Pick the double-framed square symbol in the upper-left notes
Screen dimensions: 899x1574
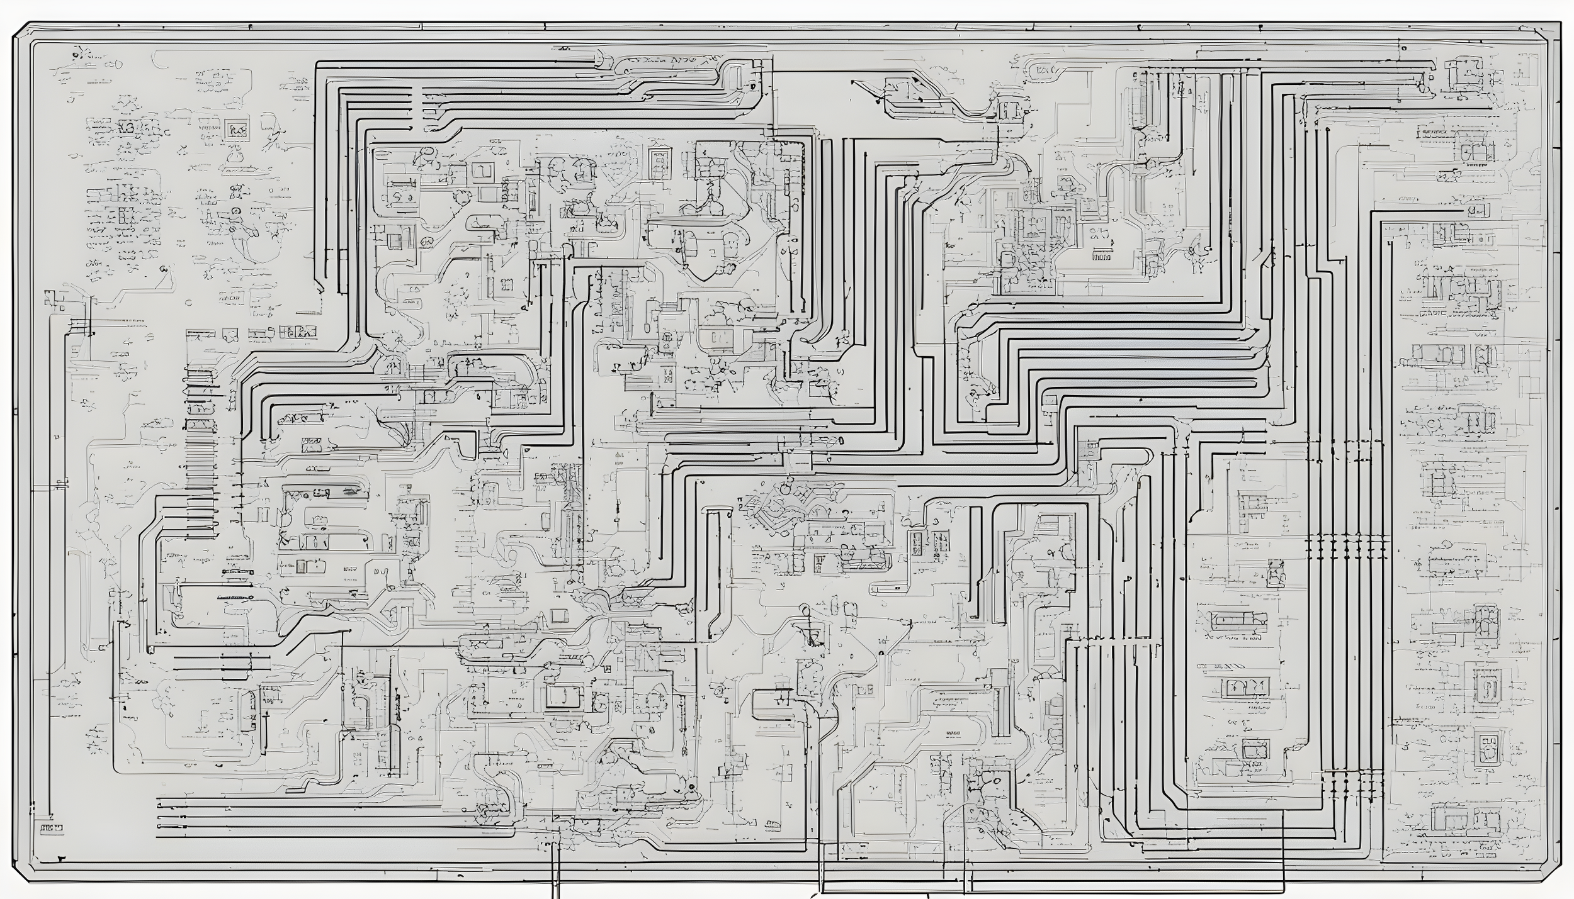pos(235,129)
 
